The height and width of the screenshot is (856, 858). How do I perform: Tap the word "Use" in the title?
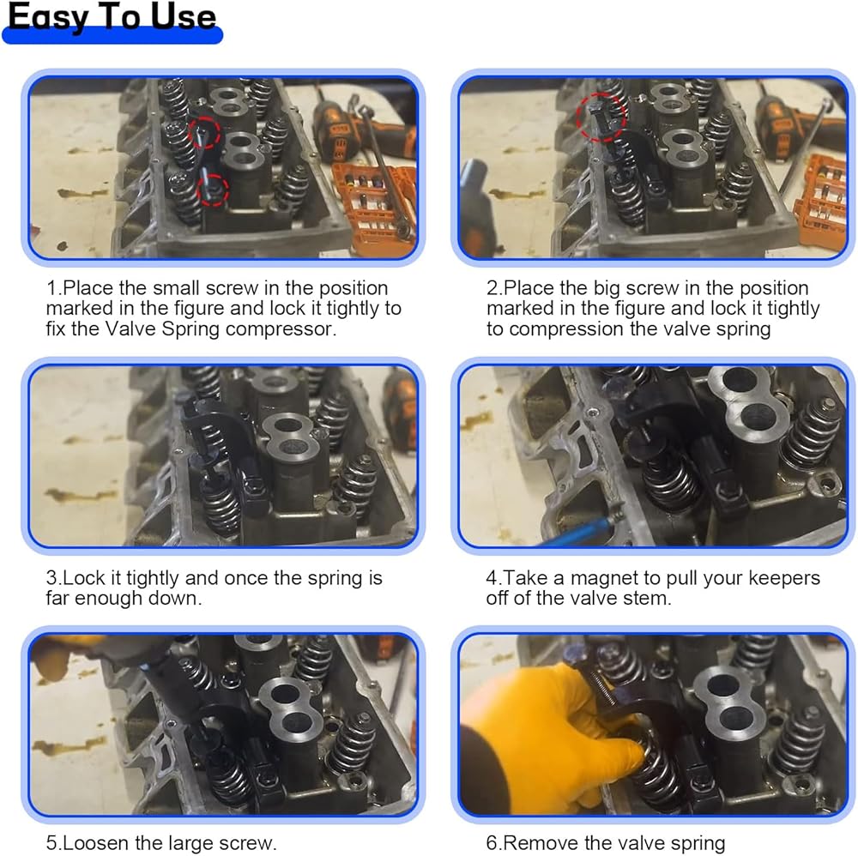184,16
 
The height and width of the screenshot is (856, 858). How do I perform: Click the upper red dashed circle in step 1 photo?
205,133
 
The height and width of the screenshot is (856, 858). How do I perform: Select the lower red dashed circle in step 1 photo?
212,190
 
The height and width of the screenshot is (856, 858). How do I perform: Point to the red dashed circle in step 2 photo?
601,117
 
